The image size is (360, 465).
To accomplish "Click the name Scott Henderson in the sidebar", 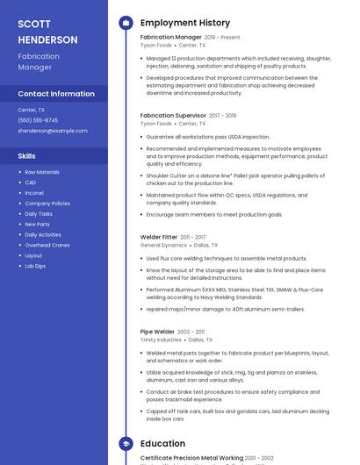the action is (x=47, y=32).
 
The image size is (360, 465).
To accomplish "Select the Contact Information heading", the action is (x=56, y=94).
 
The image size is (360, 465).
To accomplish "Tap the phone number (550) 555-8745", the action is (x=38, y=120).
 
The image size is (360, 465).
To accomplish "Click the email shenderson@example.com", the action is (x=53, y=131).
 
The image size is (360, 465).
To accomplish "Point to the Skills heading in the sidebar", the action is (x=27, y=156).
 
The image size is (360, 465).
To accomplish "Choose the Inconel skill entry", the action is (x=34, y=193).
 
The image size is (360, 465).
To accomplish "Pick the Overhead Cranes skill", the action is (x=47, y=245).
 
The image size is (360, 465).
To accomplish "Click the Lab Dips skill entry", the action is (x=35, y=266).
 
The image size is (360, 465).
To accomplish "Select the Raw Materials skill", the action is (x=42, y=172).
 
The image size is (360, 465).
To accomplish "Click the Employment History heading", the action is (x=185, y=23).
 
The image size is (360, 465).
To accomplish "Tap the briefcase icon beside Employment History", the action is (x=126, y=23).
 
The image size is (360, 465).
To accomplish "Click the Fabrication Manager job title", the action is (x=170, y=38).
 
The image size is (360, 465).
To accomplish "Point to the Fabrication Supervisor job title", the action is (x=173, y=116).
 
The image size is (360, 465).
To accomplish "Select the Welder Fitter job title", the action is (x=158, y=237).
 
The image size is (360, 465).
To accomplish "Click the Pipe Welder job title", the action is (x=157, y=332).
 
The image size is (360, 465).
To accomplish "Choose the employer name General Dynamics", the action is (x=163, y=246).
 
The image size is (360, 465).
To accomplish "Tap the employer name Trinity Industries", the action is (x=161, y=340).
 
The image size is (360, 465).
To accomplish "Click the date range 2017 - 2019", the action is (x=223, y=116).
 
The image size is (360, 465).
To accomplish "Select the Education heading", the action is (x=162, y=444).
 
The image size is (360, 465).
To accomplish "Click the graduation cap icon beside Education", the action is (x=126, y=444).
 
